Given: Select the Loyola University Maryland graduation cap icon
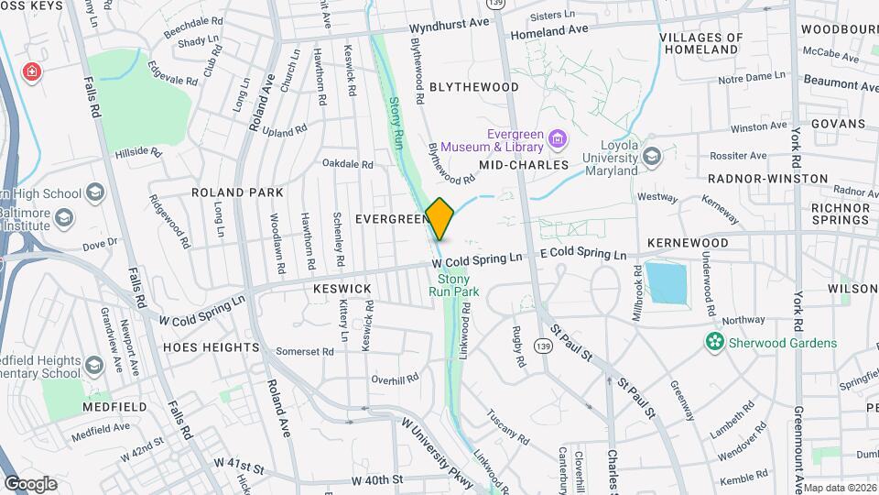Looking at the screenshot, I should point(651,156).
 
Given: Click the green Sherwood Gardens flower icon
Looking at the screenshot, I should point(713,342).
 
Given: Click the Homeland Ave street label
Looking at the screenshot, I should point(548,30).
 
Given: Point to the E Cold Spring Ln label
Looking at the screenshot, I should point(582,254).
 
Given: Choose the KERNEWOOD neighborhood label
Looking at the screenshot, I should point(687,243).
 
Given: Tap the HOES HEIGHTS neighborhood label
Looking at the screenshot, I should point(212,347).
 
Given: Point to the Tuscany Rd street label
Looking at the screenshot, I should point(508,426).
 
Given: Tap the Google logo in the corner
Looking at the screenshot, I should point(30,483).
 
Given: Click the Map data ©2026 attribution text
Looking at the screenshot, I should point(840,488).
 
